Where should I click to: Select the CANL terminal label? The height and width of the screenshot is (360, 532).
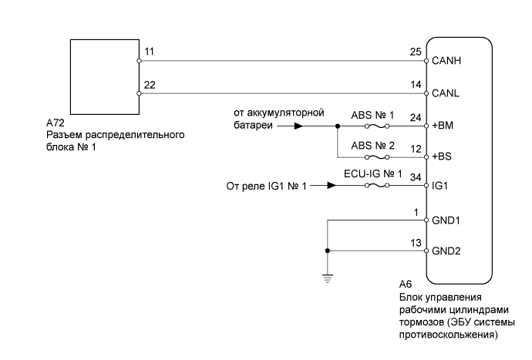pyautogui.click(x=446, y=93)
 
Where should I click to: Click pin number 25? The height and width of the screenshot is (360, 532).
pyautogui.click(x=417, y=51)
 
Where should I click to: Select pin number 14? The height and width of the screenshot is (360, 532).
pyautogui.click(x=417, y=86)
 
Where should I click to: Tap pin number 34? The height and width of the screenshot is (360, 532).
pyautogui.click(x=417, y=179)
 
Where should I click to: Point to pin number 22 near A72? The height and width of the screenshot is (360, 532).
pyautogui.click(x=150, y=86)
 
